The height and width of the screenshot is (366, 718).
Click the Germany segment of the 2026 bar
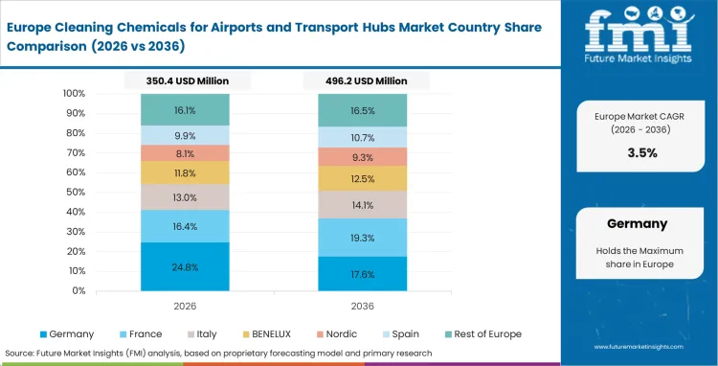[x=186, y=266]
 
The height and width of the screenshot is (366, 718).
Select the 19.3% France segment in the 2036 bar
[x=363, y=237]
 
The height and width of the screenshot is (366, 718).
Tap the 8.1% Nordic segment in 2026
[x=186, y=152]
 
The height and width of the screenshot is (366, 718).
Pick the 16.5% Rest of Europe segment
[x=363, y=110]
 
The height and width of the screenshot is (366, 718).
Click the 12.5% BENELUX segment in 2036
[x=363, y=179]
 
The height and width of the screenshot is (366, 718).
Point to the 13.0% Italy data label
[x=186, y=197]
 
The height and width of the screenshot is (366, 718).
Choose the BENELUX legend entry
[x=279, y=333]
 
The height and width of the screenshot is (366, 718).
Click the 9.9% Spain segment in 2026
[x=186, y=135]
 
